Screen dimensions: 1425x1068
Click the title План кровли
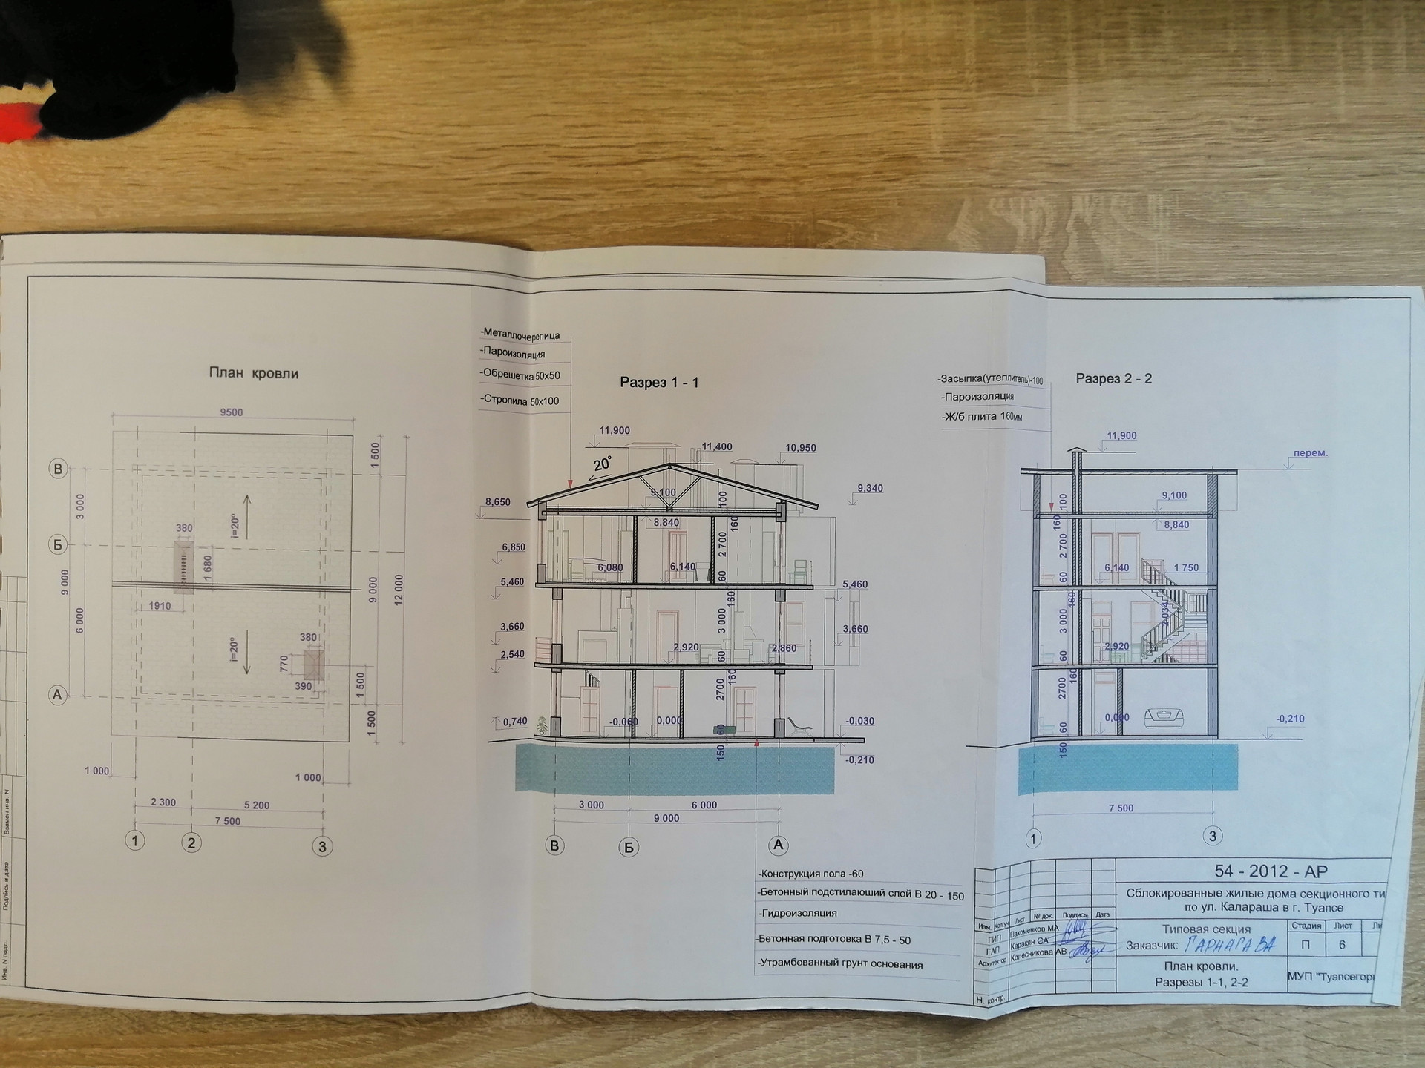(254, 373)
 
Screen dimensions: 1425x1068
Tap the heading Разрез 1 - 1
(659, 383)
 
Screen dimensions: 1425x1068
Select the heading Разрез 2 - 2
(1114, 379)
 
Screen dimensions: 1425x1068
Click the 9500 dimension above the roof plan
(231, 412)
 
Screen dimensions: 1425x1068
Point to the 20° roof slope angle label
(602, 464)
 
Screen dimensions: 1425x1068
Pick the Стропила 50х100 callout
(521, 400)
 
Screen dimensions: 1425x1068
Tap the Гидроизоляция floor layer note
(799, 913)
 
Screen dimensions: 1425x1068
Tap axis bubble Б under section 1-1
(629, 847)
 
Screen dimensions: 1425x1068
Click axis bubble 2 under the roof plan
(191, 843)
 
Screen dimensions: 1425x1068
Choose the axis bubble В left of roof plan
(58, 469)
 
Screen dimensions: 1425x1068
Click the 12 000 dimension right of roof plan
(399, 590)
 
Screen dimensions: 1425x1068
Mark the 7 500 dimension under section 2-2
(1121, 808)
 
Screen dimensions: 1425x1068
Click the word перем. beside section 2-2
(1310, 453)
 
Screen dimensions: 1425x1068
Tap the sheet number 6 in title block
(1342, 945)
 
